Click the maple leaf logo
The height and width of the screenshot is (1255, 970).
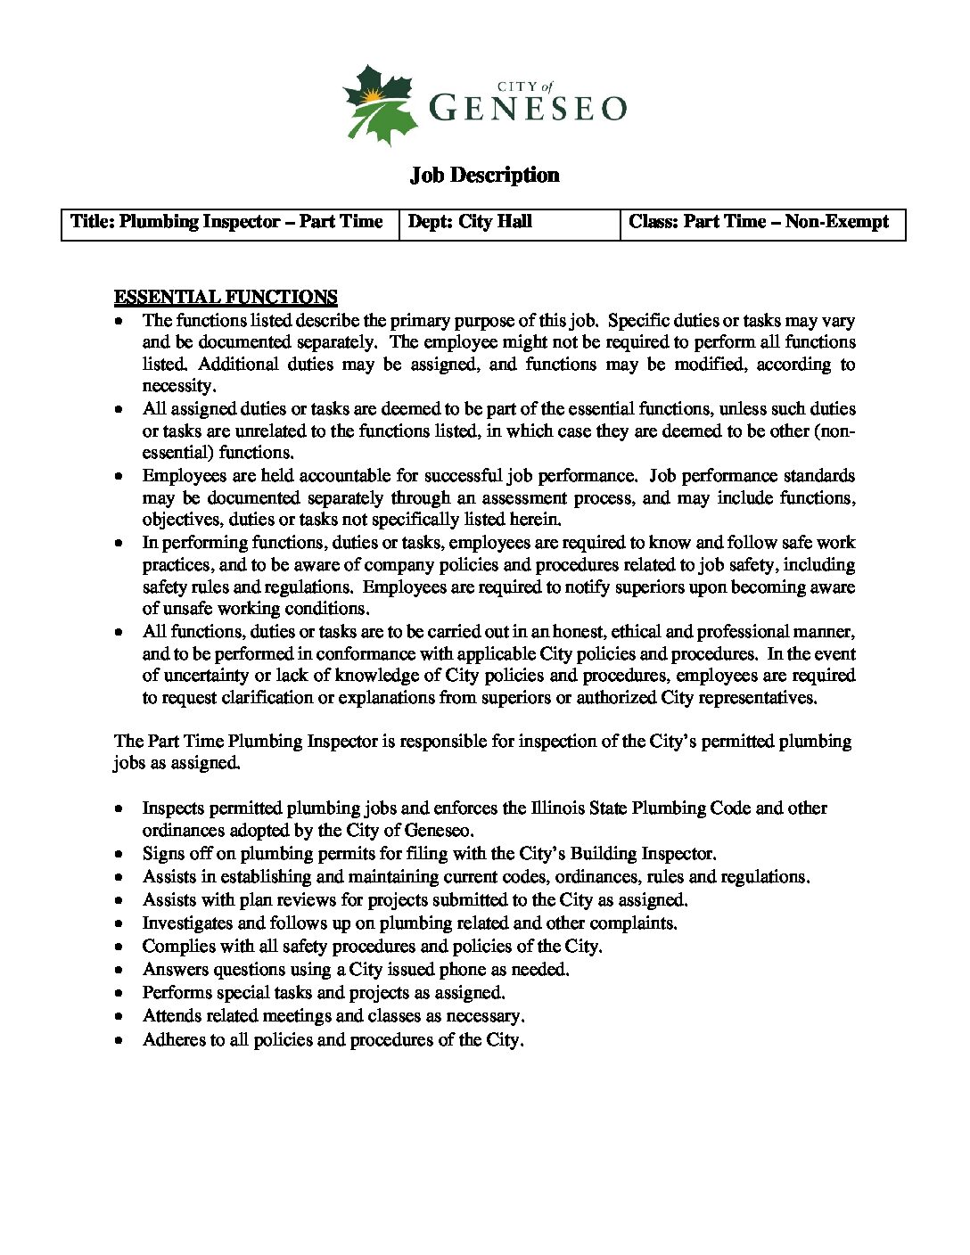(x=380, y=104)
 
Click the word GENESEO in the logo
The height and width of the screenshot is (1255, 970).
(x=528, y=108)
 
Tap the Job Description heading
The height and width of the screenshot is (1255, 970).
(x=484, y=175)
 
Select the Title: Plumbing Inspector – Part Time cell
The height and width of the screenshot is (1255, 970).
(x=228, y=223)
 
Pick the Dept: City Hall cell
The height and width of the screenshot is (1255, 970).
(x=508, y=223)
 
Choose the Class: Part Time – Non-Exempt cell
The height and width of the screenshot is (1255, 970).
(x=761, y=223)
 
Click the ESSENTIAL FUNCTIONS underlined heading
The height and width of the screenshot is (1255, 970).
(x=226, y=297)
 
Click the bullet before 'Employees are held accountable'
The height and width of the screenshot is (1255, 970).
(x=119, y=477)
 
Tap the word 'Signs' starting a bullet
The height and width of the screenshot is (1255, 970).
(x=163, y=854)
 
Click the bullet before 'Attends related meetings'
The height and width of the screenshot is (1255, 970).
(x=119, y=1017)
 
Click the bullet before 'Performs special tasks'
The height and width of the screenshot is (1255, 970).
(x=119, y=994)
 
